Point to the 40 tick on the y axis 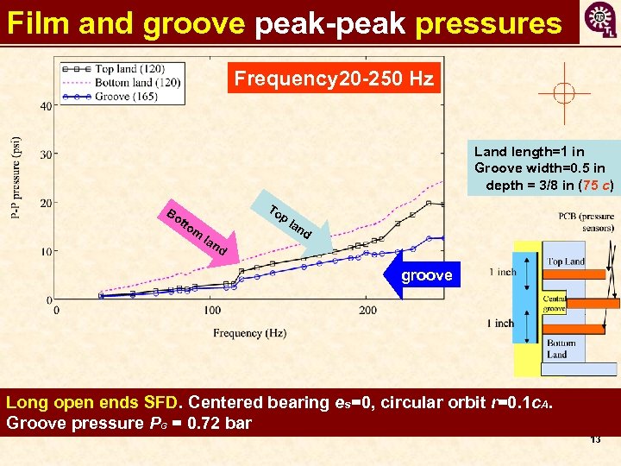(x=43, y=106)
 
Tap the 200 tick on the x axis (x=368, y=310)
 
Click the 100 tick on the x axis (x=212, y=310)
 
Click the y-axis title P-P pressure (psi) (x=16, y=179)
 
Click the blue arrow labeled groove (x=423, y=274)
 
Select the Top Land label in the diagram (x=566, y=261)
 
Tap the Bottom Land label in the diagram (x=561, y=349)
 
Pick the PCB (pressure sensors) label (x=586, y=222)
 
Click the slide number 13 (x=594, y=439)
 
